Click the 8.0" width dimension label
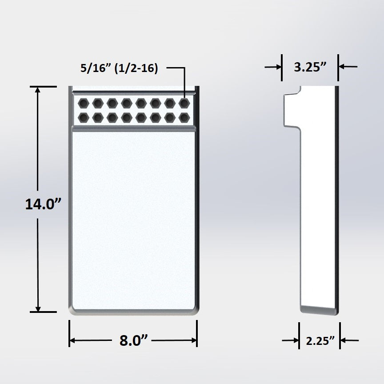click(133, 341)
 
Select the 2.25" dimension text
click(320, 341)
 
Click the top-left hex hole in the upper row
click(83, 104)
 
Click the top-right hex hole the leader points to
click(184, 104)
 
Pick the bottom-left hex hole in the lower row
click(83, 117)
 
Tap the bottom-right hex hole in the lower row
click(184, 117)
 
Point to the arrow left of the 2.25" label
click(294, 341)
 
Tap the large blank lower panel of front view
click(133, 218)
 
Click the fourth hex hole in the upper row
click(126, 104)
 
